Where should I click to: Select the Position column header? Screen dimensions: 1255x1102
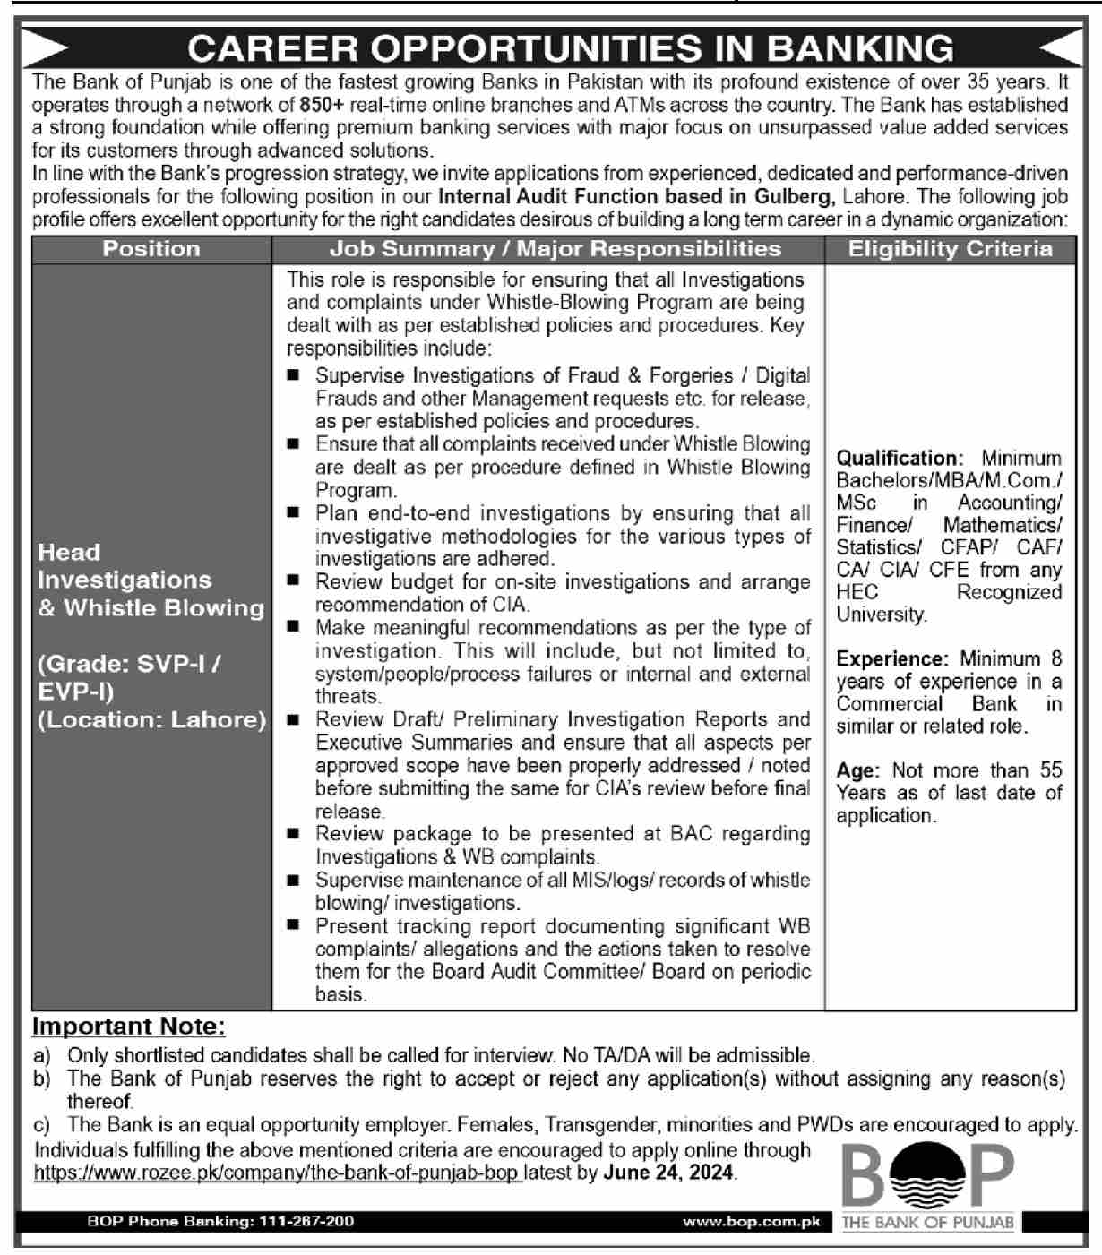click(x=151, y=249)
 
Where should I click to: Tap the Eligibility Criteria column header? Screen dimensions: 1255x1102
click(x=950, y=249)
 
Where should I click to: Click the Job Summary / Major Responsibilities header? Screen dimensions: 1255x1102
click(x=555, y=249)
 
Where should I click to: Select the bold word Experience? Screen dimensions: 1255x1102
click(x=891, y=659)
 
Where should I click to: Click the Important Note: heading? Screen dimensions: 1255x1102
click(x=129, y=1027)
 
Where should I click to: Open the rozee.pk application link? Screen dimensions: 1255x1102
click(x=278, y=1173)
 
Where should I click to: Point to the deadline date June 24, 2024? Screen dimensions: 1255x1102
click(x=670, y=1173)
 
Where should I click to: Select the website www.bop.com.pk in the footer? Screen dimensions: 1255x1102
click(x=751, y=1221)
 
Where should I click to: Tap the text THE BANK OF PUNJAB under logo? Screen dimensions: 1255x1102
click(x=927, y=1223)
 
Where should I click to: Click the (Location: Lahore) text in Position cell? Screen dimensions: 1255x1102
click(x=151, y=720)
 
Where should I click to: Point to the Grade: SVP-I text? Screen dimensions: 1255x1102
click(x=129, y=665)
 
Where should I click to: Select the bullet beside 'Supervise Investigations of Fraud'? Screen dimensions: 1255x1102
click(x=293, y=374)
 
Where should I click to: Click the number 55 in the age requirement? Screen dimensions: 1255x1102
click(x=1051, y=770)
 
